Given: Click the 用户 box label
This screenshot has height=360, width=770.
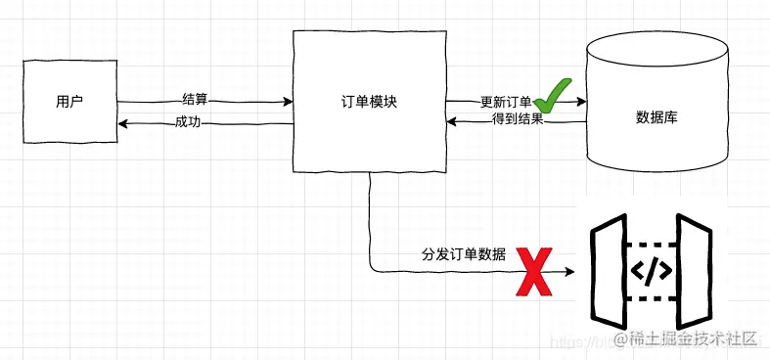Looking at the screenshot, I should [69, 101].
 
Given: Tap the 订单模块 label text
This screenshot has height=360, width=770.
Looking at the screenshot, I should [368, 101].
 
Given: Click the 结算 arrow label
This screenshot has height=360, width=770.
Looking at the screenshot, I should [195, 99].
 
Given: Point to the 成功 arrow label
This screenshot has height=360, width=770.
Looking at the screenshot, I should [188, 122].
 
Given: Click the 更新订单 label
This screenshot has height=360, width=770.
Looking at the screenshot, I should [505, 102].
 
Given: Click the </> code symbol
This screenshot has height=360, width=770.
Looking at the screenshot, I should [649, 271].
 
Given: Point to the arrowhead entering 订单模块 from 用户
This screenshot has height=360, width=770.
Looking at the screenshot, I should [289, 101].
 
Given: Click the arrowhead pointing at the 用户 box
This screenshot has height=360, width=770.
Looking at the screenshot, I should [122, 124].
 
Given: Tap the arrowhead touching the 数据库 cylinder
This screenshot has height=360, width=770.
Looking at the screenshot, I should [580, 101].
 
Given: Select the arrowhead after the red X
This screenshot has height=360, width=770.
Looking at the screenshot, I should [570, 273].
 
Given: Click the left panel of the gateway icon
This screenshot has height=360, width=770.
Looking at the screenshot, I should [610, 271].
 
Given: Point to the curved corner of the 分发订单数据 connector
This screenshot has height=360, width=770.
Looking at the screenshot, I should [372, 269].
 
